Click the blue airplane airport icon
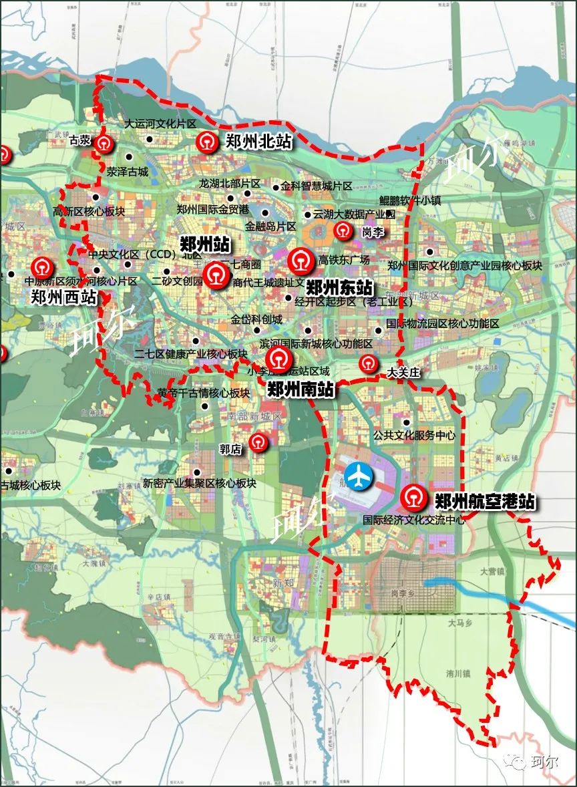coord(361,476)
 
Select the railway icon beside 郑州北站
coord(206,142)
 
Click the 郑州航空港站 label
coord(484,502)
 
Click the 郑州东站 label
coord(339,288)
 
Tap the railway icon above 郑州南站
coord(278,359)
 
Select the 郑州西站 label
coord(63,297)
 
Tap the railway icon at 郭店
coord(257,442)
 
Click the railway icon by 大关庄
coord(368,363)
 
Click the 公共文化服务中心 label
coord(414,435)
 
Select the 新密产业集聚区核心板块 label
coord(199,483)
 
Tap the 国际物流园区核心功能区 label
coord(442,324)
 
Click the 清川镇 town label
coord(459,674)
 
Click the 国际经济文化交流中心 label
coord(413,519)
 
